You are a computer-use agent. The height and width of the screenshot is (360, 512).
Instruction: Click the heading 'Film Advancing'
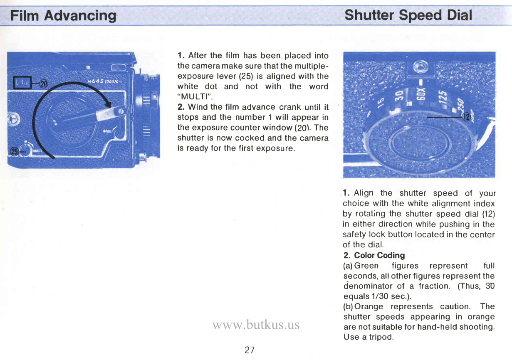pyautogui.click(x=63, y=15)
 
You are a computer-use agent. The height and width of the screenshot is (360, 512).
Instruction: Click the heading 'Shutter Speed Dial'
pyautogui.click(x=408, y=15)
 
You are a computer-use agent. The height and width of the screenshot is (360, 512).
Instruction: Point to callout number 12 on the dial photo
pyautogui.click(x=466, y=118)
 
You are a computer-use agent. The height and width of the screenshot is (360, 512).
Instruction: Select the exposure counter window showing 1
pyautogui.click(x=20, y=83)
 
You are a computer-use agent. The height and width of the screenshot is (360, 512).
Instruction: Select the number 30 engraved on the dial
pyautogui.click(x=398, y=96)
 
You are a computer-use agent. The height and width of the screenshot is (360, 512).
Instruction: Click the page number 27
pyautogui.click(x=250, y=350)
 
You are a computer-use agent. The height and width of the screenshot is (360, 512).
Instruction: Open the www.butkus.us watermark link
pyautogui.click(x=256, y=324)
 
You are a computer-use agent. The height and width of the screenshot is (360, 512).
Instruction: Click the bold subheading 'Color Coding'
pyautogui.click(x=379, y=255)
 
